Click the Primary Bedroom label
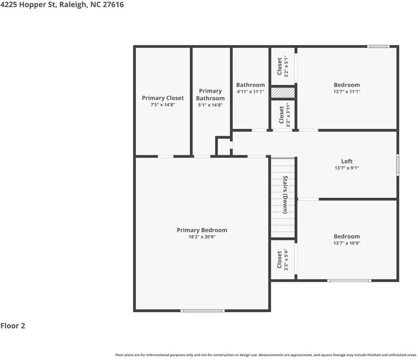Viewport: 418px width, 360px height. pyautogui.click(x=201, y=230)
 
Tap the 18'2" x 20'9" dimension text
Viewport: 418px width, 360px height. pyautogui.click(x=201, y=237)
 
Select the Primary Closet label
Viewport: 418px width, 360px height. pyautogui.click(x=163, y=98)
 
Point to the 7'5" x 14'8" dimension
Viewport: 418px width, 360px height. pyautogui.click(x=163, y=105)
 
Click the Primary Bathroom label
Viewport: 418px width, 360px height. pyautogui.click(x=210, y=95)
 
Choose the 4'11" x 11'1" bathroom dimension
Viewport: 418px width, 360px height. pyautogui.click(x=250, y=92)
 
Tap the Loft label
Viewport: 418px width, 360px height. pyautogui.click(x=346, y=161)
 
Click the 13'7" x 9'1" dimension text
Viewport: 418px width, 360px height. pyautogui.click(x=346, y=168)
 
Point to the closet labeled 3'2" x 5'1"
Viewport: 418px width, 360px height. pyautogui.click(x=283, y=67)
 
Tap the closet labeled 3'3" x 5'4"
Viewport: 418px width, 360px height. pyautogui.click(x=283, y=260)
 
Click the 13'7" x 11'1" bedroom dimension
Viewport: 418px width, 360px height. pyautogui.click(x=346, y=92)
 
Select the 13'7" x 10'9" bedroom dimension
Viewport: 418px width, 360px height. pyautogui.click(x=346, y=243)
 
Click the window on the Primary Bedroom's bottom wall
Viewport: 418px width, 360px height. pyautogui.click(x=202, y=311)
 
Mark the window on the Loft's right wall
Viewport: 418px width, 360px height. pyautogui.click(x=398, y=165)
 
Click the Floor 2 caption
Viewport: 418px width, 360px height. pyautogui.click(x=13, y=326)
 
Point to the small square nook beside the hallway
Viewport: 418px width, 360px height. pyautogui.click(x=223, y=146)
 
